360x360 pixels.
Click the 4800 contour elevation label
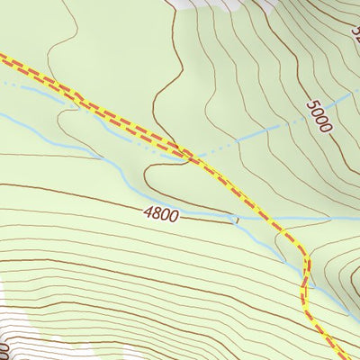click(x=159, y=214)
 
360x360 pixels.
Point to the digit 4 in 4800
click(x=146, y=212)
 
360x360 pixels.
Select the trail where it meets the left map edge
click(x=3, y=58)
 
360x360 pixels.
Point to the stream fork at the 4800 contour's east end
click(x=237, y=219)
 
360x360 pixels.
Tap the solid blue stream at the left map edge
click(x=4, y=116)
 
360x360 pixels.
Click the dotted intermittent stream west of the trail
click(x=36, y=87)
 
